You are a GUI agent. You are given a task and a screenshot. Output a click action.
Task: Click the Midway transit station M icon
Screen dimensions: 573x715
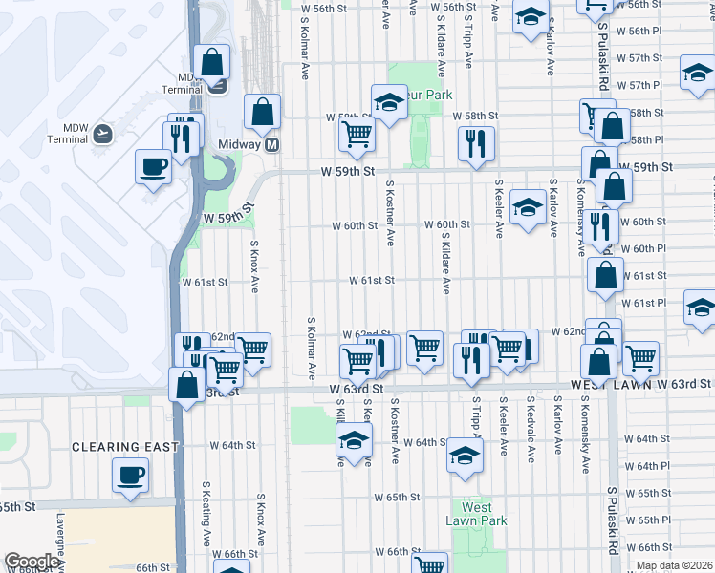[x=272, y=145]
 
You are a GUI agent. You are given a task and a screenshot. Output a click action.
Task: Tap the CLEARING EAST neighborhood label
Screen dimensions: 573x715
[x=126, y=446]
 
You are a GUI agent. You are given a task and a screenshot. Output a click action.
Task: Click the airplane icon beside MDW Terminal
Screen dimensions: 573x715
[x=103, y=134]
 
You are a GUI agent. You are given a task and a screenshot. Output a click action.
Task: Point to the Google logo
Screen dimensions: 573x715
[x=31, y=562]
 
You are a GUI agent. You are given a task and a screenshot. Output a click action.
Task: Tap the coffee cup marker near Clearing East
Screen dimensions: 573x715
[x=130, y=474]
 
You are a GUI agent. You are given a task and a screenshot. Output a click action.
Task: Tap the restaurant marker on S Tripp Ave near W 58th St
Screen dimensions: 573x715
[x=475, y=144]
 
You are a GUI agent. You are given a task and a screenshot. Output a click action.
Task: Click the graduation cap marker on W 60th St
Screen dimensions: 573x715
[x=527, y=208]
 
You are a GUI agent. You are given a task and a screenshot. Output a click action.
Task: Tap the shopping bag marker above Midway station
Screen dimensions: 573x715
[x=262, y=112]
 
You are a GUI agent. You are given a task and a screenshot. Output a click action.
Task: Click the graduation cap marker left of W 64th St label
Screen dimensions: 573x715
[x=354, y=440]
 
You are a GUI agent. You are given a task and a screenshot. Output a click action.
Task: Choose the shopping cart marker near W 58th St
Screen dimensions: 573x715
[x=357, y=135]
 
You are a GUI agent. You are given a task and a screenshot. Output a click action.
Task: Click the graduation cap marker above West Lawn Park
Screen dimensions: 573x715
[x=466, y=456]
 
